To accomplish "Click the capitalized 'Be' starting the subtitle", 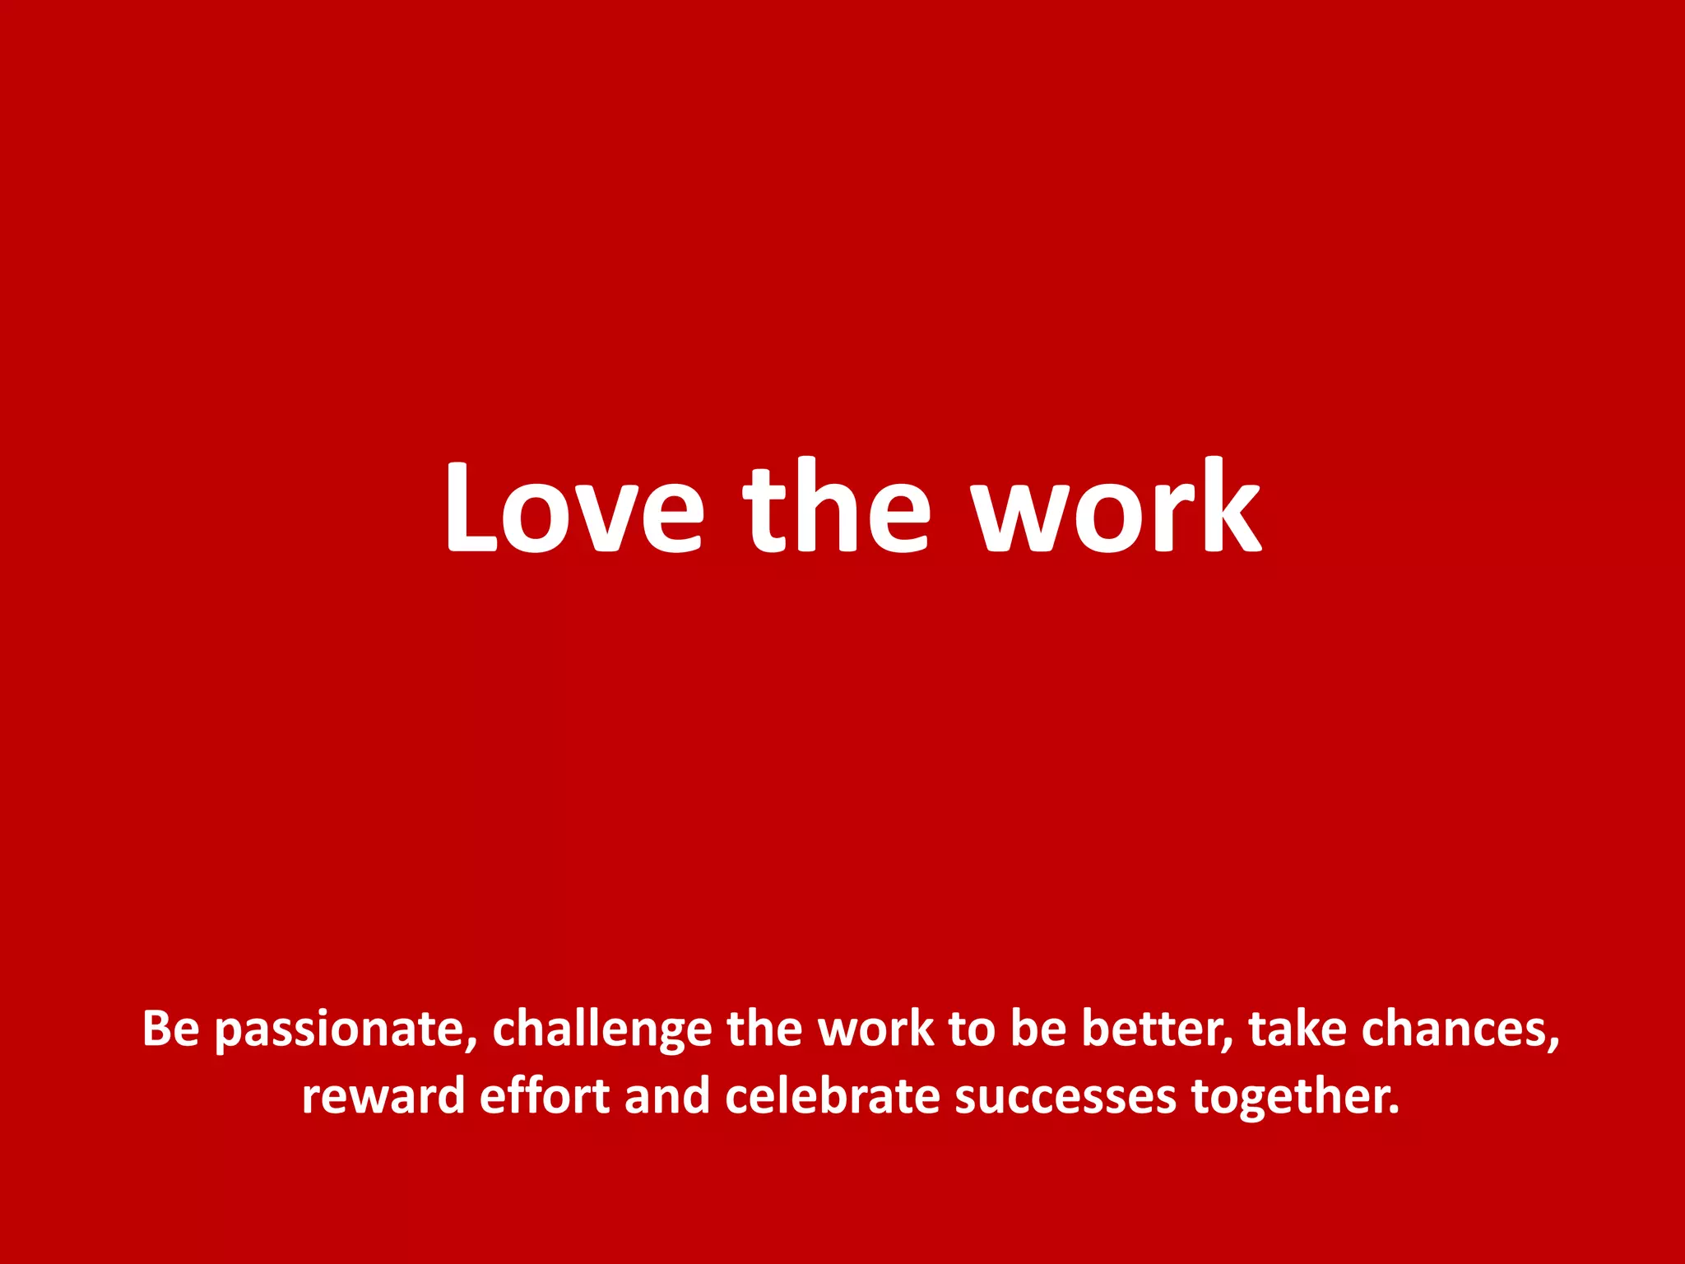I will tap(170, 1028).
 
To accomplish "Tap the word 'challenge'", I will tap(601, 1030).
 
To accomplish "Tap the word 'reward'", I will tap(383, 1096).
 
